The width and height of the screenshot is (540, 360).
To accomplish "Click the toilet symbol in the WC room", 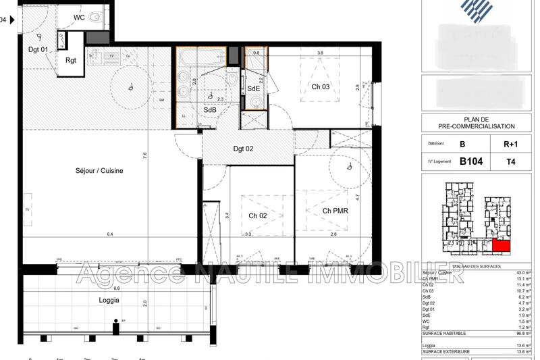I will pos(95,18).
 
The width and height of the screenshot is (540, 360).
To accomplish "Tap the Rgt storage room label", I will pos(71,60).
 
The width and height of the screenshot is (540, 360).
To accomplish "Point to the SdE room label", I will pos(253,88).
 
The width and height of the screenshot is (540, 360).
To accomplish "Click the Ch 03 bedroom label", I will pos(320,86).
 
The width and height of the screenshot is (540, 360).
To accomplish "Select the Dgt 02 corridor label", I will pos(243,149).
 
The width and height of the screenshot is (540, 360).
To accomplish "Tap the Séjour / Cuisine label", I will pos(99,171).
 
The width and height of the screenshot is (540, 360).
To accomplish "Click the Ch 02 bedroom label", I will pos(257,215).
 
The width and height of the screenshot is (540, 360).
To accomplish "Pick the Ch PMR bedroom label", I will pos(335,211).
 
